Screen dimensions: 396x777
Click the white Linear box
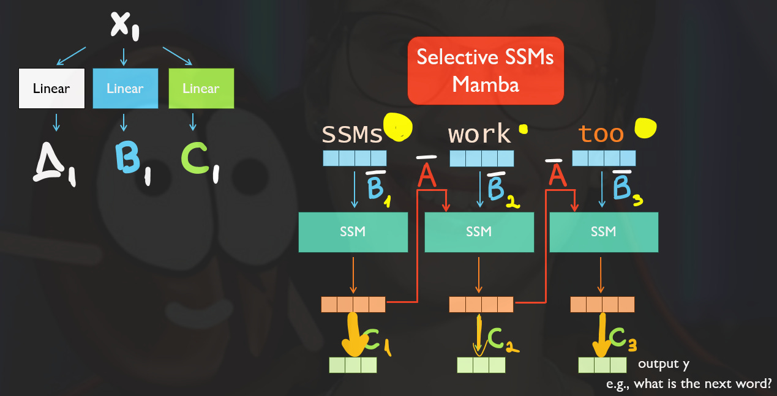pyautogui.click(x=51, y=89)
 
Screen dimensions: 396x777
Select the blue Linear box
pyautogui.click(x=125, y=89)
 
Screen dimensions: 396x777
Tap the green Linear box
pyautogui.click(x=201, y=89)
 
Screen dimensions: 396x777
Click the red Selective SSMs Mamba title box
pyautogui.click(x=485, y=70)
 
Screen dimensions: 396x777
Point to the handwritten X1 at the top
pyautogui.click(x=125, y=26)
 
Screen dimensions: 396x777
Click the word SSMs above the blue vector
pyautogui.click(x=352, y=134)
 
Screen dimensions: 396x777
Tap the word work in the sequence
pyautogui.click(x=479, y=134)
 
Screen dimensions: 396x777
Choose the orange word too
pyautogui.click(x=601, y=134)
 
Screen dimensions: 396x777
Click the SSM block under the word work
pyautogui.click(x=479, y=232)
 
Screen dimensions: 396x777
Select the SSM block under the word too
pyautogui.click(x=604, y=232)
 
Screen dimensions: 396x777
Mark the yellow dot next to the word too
pyautogui.click(x=645, y=127)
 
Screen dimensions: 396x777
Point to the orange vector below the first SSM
pyautogui.click(x=353, y=304)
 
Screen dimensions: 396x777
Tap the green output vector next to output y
pyautogui.click(x=602, y=365)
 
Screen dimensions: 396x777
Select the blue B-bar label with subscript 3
pyautogui.click(x=624, y=187)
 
